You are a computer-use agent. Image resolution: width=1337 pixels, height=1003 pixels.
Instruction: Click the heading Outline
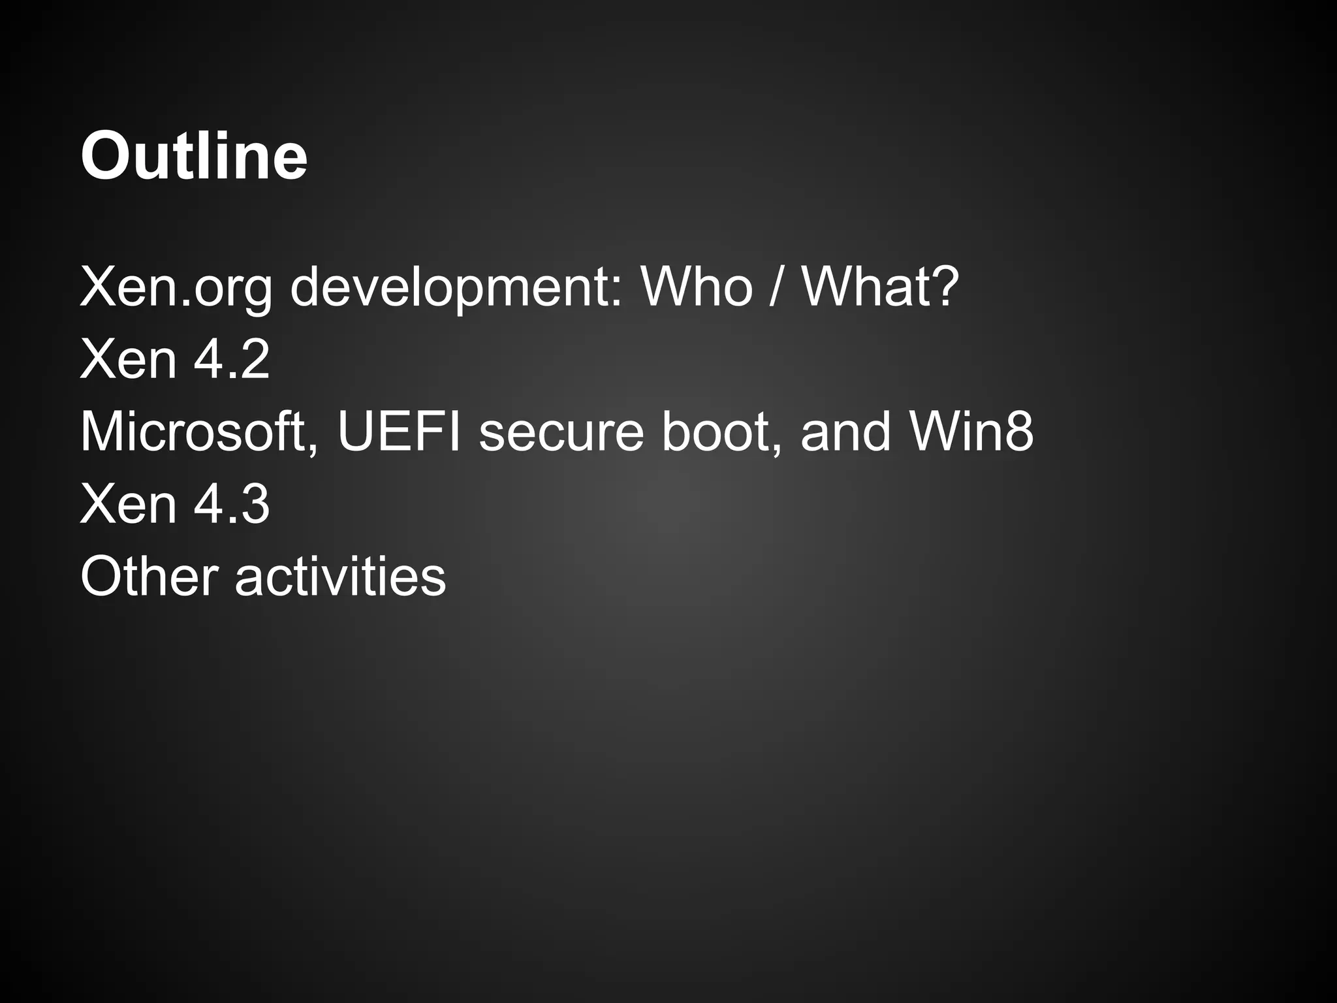(194, 156)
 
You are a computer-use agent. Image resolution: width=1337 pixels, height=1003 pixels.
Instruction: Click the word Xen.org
(176, 288)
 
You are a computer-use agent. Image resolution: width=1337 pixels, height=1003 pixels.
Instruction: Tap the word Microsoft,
(199, 432)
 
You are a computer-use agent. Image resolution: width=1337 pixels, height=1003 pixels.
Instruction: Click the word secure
(561, 432)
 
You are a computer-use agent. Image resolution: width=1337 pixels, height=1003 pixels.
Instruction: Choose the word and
(845, 432)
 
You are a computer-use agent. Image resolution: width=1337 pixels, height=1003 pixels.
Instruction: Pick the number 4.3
(232, 504)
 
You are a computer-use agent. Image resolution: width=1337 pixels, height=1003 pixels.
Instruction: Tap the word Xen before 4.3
(128, 504)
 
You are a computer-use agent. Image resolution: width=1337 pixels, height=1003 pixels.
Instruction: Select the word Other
(149, 577)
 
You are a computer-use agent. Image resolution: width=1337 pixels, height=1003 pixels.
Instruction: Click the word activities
(340, 577)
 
